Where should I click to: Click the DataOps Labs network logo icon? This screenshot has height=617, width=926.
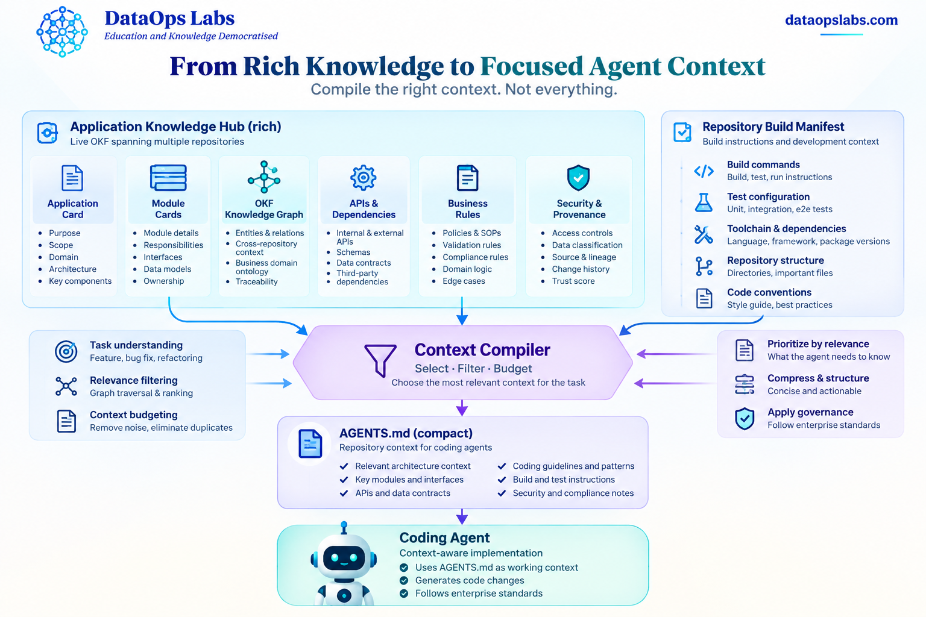point(62,32)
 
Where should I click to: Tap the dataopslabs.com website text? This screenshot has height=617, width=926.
point(841,20)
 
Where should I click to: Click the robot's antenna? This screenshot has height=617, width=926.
point(344,527)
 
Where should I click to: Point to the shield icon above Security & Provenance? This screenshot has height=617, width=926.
point(578,178)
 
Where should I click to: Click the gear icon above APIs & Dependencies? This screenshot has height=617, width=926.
point(363,178)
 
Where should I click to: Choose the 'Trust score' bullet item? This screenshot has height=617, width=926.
point(573,281)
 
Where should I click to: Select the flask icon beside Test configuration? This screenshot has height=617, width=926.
point(704,202)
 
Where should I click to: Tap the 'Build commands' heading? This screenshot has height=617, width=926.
point(763,164)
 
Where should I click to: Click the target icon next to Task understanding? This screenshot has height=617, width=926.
point(66,352)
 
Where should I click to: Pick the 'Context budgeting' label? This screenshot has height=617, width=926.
point(133,415)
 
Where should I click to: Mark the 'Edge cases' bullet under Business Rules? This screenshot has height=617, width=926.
point(464,281)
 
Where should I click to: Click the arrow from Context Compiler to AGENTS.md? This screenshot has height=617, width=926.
point(462,407)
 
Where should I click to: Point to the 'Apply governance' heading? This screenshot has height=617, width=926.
point(810,412)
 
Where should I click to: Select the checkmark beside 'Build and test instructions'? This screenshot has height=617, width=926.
point(502,480)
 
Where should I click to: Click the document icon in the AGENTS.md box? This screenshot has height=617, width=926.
point(310,443)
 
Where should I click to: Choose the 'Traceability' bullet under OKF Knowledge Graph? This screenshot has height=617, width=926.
point(256,282)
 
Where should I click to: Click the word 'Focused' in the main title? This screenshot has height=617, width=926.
point(532,66)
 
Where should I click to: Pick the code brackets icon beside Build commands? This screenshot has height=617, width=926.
point(704,171)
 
